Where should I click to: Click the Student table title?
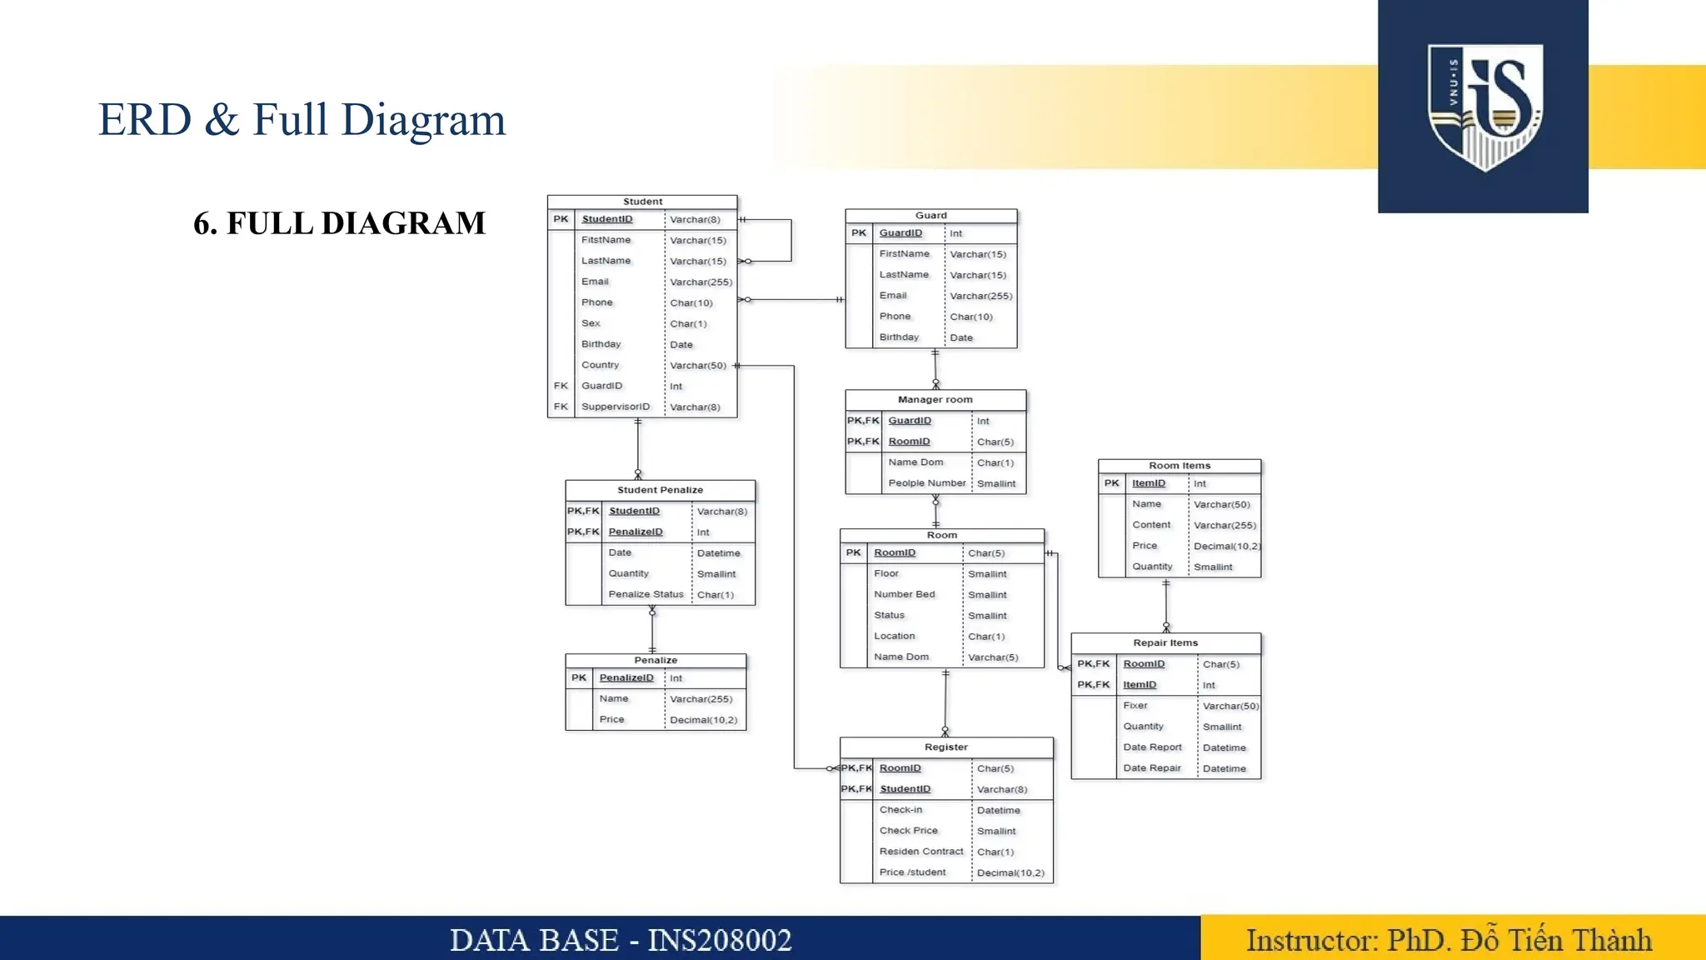coord(642,202)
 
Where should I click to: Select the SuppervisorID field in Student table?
coord(615,407)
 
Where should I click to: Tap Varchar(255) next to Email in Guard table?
coord(980,296)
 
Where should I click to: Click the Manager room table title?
coord(935,400)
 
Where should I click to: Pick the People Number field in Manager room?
coord(926,483)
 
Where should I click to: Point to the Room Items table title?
coord(1179,466)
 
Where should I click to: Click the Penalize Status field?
coord(646,594)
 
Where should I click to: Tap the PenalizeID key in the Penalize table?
coord(626,678)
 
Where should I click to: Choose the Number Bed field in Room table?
coord(904,594)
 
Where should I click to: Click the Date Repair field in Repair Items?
coord(1151,768)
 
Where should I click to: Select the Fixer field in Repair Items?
coord(1135,706)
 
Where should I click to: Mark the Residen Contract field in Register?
coord(920,852)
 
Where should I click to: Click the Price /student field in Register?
coord(912,872)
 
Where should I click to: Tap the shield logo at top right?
coord(1484,107)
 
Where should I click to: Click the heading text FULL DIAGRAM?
coord(356,223)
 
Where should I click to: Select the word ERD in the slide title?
coord(145,119)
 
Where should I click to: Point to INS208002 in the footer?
coord(720,940)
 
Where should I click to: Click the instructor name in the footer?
coord(1556,940)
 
